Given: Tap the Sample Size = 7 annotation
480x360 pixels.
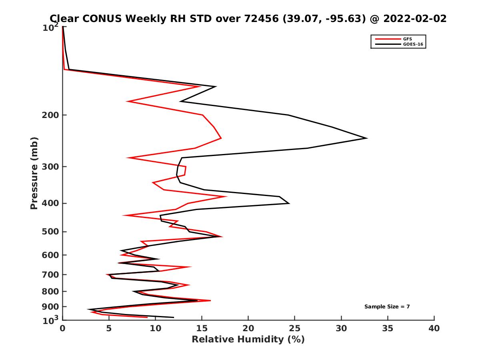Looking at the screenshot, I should pyautogui.click(x=387, y=307).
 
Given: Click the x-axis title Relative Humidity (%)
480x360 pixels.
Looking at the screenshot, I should pyautogui.click(x=248, y=340).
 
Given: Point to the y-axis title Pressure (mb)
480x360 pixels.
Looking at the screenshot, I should pyautogui.click(x=34, y=173).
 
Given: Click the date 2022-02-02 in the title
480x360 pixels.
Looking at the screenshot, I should pyautogui.click(x=414, y=18).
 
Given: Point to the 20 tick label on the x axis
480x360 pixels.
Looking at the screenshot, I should pyautogui.click(x=248, y=329).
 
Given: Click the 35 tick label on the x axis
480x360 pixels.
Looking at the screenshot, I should pyautogui.click(x=388, y=329).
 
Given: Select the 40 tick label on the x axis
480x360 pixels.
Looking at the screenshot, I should pyautogui.click(x=434, y=329).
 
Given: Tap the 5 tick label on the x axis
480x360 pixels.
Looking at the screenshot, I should pyautogui.click(x=109, y=329).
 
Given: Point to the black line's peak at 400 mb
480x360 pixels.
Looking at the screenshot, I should pyautogui.click(x=289, y=203).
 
